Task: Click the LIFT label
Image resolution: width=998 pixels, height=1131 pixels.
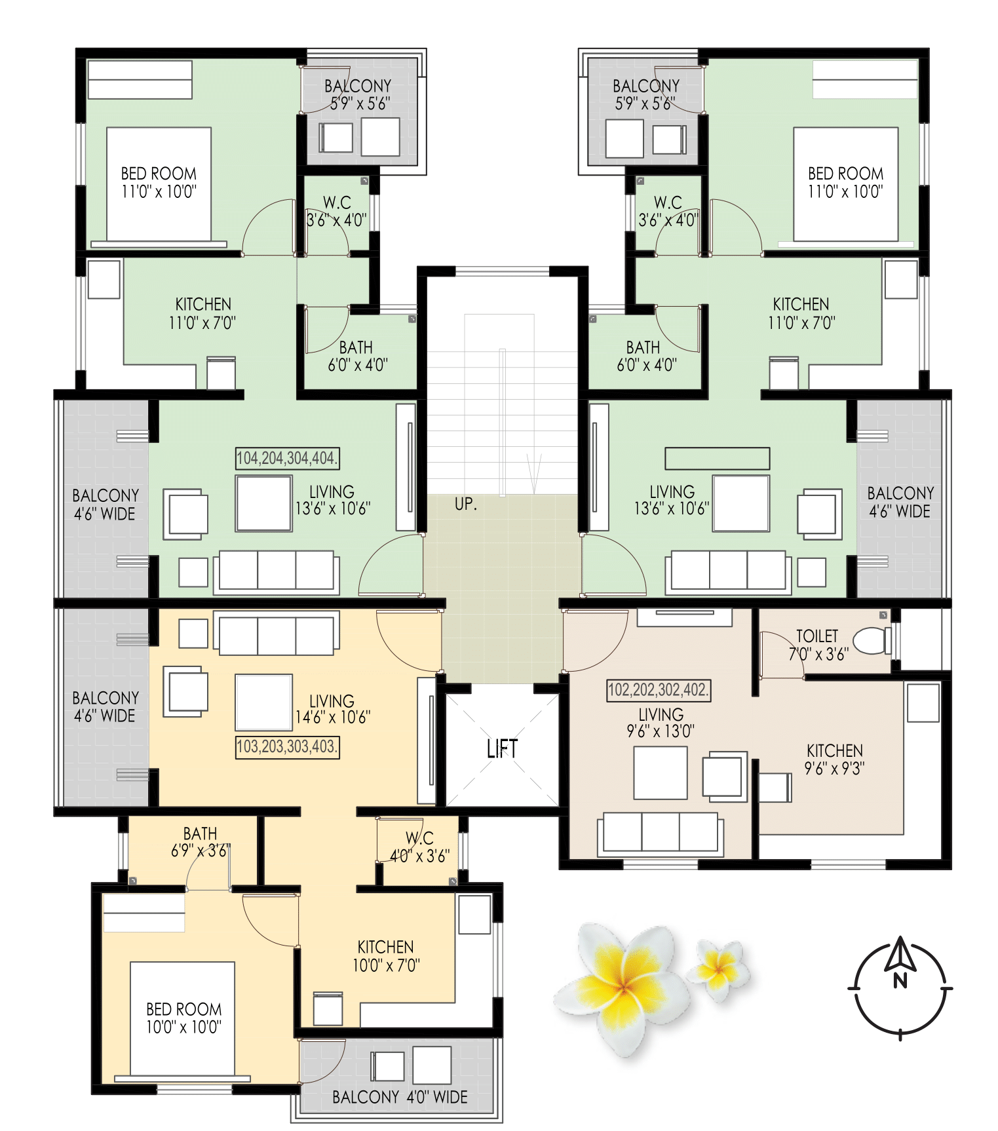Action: [x=502, y=748]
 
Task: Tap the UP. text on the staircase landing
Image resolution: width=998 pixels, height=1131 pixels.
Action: [x=466, y=505]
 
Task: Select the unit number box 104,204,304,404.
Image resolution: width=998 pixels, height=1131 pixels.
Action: [x=287, y=458]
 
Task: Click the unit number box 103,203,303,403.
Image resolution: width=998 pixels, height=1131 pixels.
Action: [x=287, y=746]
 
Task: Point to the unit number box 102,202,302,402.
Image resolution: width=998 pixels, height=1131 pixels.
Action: [x=659, y=690]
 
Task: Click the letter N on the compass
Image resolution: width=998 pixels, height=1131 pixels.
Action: [x=900, y=981]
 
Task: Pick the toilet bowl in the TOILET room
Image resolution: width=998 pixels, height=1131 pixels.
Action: [x=872, y=640]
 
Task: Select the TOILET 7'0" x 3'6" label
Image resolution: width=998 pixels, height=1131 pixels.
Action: [x=817, y=645]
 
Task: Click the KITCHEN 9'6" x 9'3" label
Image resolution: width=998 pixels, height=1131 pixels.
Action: [x=834, y=759]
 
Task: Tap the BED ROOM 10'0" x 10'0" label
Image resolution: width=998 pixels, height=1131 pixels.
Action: [x=183, y=1018]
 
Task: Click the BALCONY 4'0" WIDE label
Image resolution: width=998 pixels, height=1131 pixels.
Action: [x=400, y=1097]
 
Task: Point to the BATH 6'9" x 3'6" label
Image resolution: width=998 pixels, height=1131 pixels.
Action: [x=200, y=842]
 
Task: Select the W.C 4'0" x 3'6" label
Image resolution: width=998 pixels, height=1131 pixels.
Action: [x=419, y=847]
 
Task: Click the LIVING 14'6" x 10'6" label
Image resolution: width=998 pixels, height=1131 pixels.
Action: [x=332, y=709]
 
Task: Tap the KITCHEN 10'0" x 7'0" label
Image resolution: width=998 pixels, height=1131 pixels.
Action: [x=385, y=955]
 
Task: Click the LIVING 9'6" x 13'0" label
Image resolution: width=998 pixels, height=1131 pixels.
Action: [x=661, y=722]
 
